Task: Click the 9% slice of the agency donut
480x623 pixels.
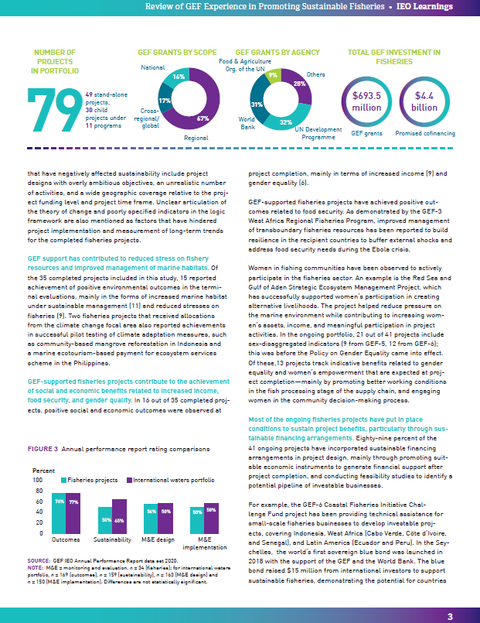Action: [x=271, y=76]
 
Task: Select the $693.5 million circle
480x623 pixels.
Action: [x=366, y=101]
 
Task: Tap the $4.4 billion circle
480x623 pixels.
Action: [x=425, y=101]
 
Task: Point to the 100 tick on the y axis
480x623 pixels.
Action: [x=38, y=481]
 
